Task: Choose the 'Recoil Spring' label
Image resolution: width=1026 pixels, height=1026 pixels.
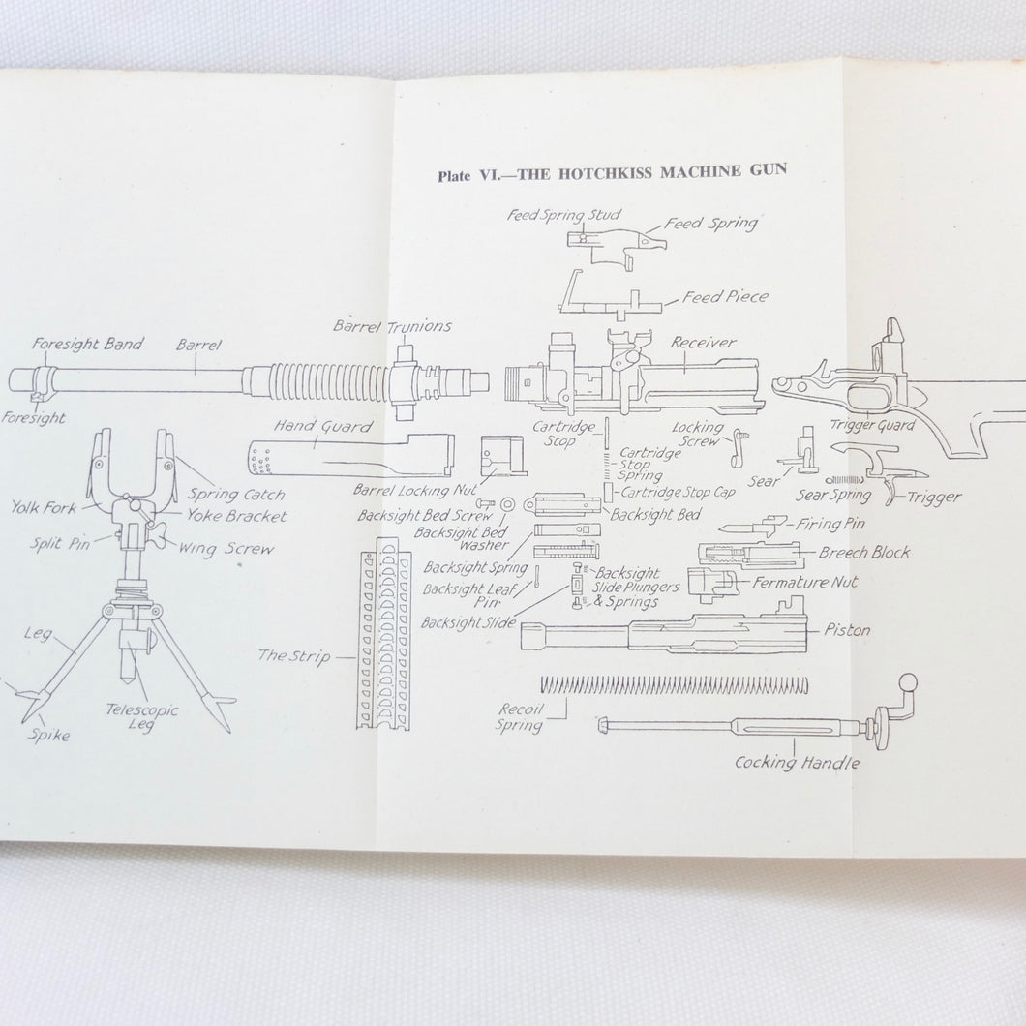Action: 520,717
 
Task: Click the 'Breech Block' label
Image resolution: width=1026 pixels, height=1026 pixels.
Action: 864,553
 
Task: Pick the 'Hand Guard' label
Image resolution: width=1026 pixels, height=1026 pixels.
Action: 310,424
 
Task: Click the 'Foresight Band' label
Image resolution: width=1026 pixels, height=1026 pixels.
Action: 87,344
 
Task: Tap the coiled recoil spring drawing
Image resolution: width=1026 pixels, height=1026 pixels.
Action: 674,685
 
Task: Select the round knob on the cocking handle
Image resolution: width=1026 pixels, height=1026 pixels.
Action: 909,681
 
